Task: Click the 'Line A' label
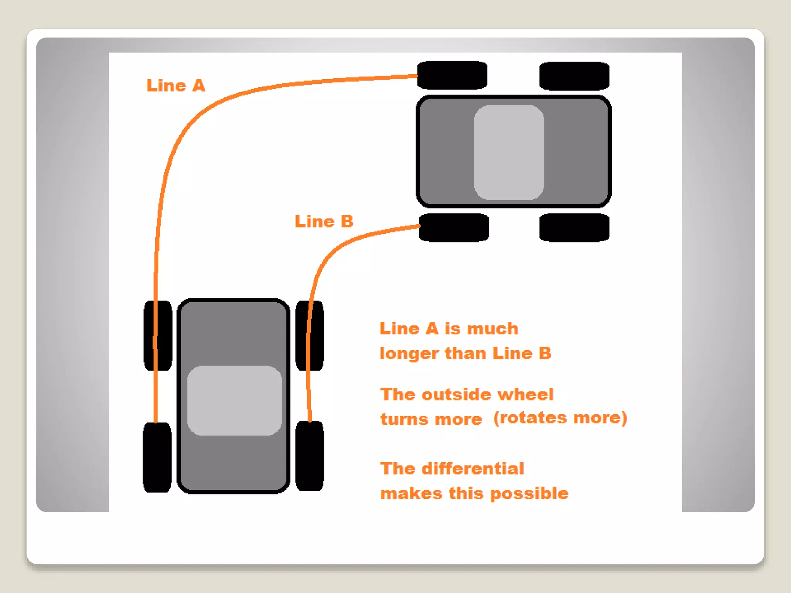click(176, 86)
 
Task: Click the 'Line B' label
click(324, 222)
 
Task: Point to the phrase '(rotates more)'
click(560, 418)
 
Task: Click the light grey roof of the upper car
click(509, 152)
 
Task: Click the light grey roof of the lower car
click(234, 400)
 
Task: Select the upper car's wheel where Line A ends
click(452, 75)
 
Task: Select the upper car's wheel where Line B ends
click(454, 228)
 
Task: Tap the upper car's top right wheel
click(574, 76)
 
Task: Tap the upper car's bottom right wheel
click(574, 228)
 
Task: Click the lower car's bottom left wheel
click(157, 457)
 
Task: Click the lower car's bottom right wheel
click(310, 456)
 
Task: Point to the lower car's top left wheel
click(158, 335)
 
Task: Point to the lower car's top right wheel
click(310, 335)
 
